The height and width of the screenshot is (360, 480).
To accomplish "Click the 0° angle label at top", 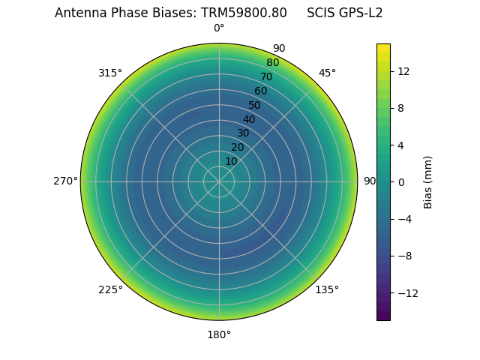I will [219, 28].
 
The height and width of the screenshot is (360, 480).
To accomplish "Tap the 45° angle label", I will [327, 73].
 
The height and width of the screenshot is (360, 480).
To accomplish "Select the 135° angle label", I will [327, 289].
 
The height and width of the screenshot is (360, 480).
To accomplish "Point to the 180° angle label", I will [219, 334].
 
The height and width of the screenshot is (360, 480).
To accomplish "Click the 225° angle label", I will [110, 289].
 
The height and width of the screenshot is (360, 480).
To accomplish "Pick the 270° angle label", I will [65, 181].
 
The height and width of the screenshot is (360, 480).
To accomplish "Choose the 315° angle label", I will [110, 73].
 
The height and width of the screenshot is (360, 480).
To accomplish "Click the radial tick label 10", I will [231, 161].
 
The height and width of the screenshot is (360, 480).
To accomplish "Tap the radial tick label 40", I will [249, 119].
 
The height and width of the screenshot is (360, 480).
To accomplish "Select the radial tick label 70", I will [266, 76].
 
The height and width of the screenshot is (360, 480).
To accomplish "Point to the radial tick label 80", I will [272, 63].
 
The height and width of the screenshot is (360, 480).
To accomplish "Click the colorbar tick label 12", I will [403, 71].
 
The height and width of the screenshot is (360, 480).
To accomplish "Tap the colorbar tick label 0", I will [400, 181].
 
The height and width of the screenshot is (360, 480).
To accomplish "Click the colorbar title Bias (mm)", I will [428, 182].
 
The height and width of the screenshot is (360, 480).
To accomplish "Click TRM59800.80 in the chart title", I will [244, 13].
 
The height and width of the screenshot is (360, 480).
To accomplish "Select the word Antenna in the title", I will [79, 13].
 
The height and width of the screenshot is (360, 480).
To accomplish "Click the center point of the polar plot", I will [219, 181].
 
